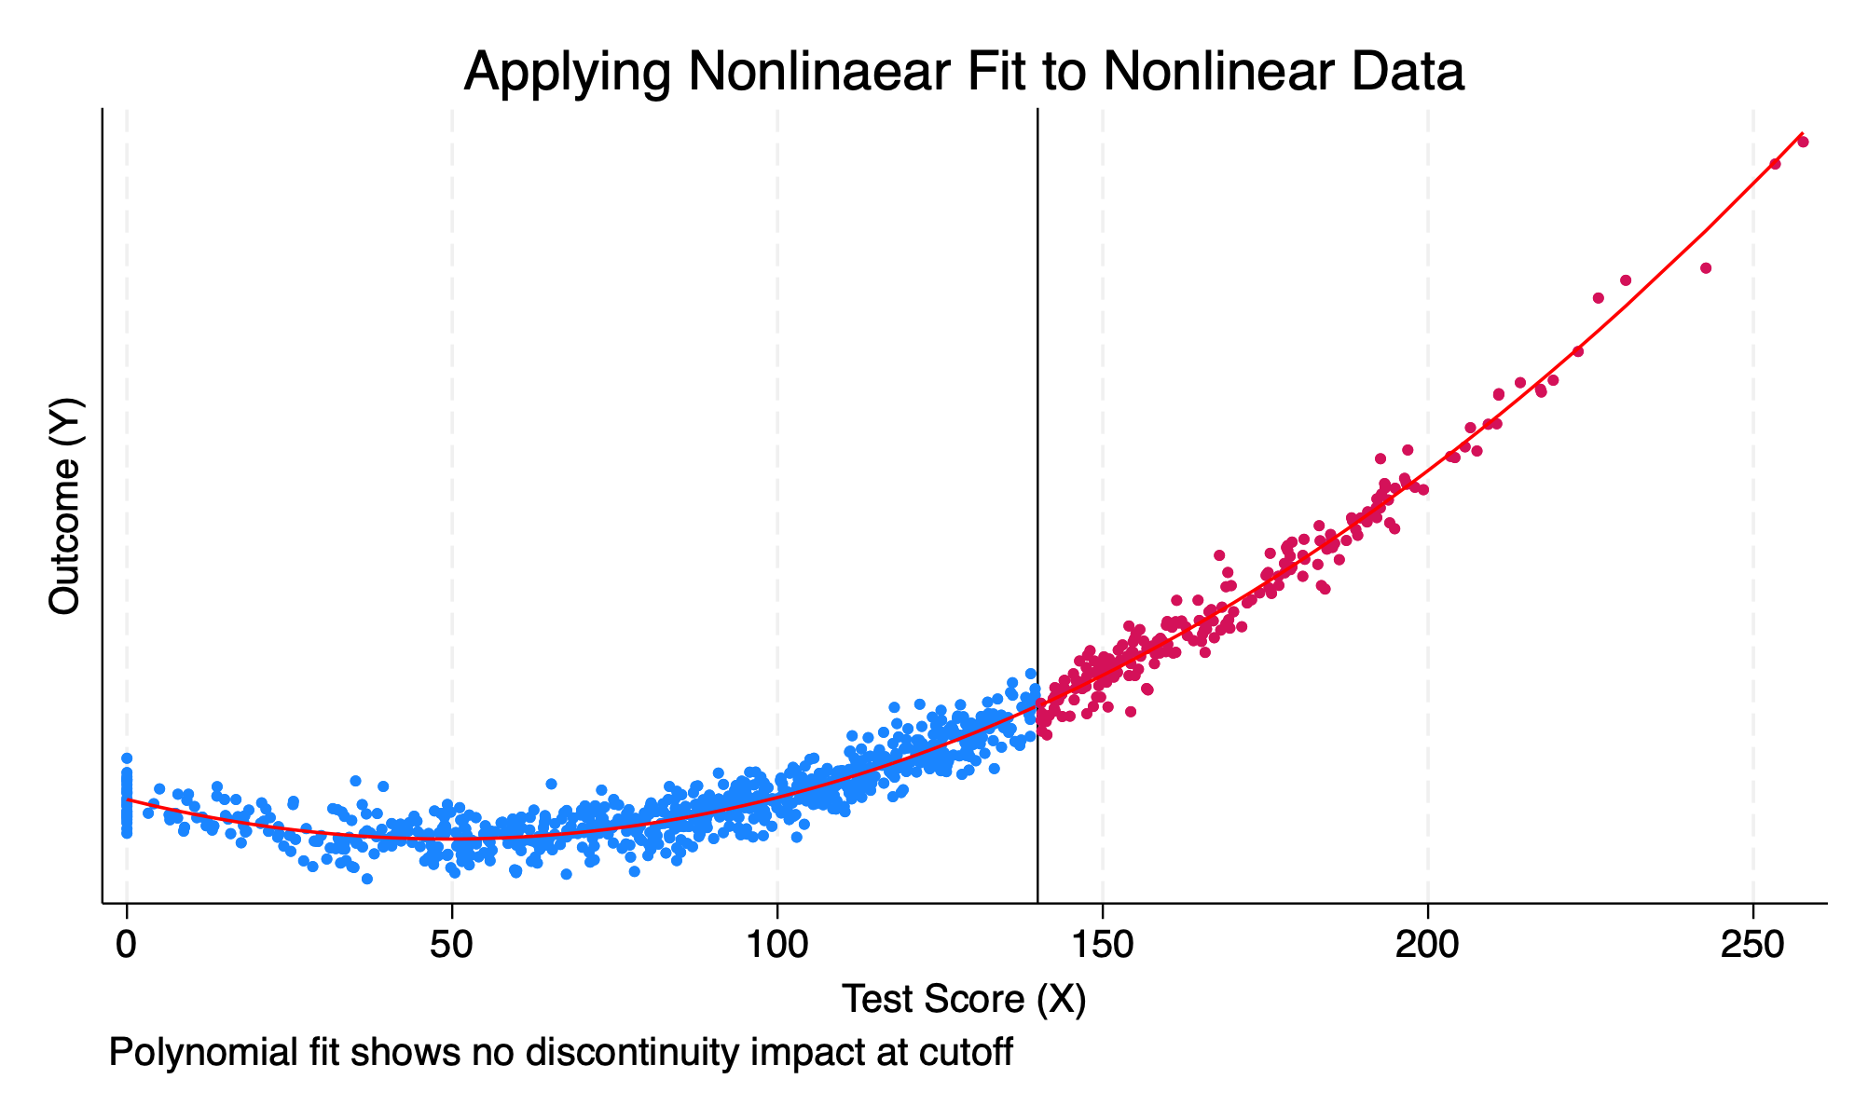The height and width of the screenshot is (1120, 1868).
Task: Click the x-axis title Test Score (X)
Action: pos(964,999)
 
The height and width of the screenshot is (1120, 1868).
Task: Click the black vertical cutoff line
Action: pos(1037,466)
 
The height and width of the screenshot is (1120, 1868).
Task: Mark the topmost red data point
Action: pos(1803,142)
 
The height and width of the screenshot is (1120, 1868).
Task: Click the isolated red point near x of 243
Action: pos(1706,268)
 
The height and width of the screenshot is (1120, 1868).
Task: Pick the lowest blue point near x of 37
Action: pos(367,879)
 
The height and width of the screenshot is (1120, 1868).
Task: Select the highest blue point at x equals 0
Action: pos(127,758)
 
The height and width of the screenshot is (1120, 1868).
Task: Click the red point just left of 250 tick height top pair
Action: pos(1775,164)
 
